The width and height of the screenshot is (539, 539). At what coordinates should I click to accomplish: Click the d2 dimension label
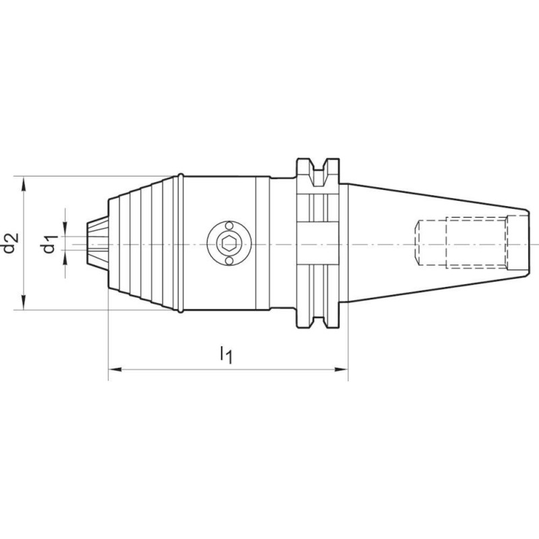pyautogui.click(x=10, y=243)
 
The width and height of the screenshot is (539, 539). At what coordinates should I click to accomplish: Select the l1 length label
pyautogui.click(x=226, y=354)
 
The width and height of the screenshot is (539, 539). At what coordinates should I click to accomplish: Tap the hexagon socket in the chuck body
pyautogui.click(x=229, y=244)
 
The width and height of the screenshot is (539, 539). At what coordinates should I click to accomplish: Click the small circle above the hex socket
pyautogui.click(x=229, y=226)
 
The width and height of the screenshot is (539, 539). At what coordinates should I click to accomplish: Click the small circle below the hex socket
pyautogui.click(x=229, y=261)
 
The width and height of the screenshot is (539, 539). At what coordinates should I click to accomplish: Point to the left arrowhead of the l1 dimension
pyautogui.click(x=115, y=369)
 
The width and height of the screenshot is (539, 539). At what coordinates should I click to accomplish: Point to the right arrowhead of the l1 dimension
pyautogui.click(x=342, y=369)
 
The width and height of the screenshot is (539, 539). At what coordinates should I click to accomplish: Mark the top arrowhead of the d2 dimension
pyautogui.click(x=24, y=183)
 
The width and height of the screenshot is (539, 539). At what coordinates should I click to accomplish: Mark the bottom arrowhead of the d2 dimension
pyautogui.click(x=24, y=303)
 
